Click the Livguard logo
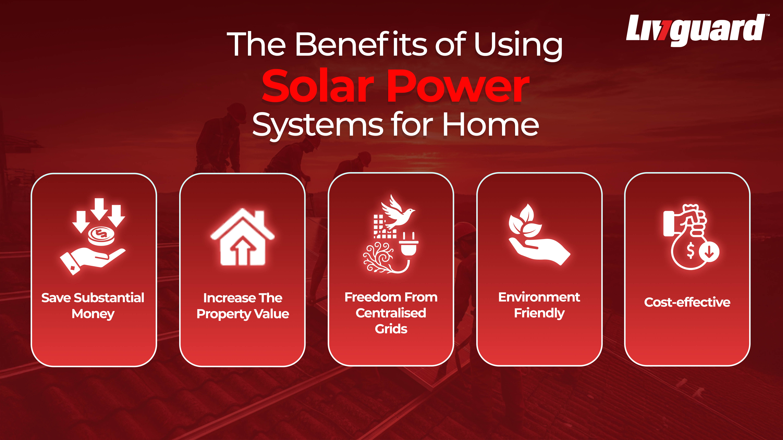(696, 29)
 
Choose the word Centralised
(391, 313)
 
